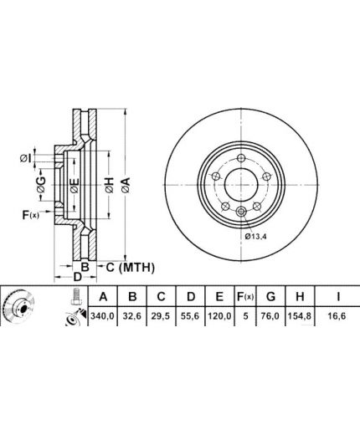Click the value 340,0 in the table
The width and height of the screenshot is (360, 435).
103,316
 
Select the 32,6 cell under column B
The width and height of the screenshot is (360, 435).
132,316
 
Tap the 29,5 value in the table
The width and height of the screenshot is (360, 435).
161,316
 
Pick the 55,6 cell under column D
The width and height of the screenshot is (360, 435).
190,316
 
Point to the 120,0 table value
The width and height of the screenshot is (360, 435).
219,316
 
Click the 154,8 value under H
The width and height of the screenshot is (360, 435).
300,316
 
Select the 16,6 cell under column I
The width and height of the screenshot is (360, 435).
337,316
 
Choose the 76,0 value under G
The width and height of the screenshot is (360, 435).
270,316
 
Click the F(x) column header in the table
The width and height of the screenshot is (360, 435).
245,297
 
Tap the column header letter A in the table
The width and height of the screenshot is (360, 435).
103,297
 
